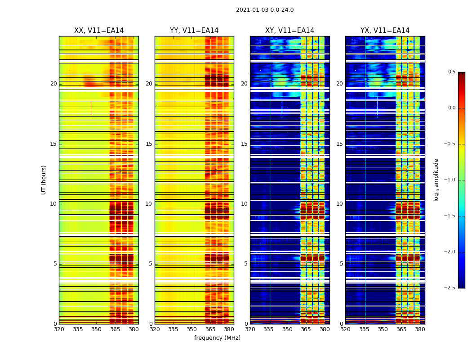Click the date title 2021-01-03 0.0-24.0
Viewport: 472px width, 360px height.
[x=265, y=10]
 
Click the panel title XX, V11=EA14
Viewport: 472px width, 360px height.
[x=99, y=31]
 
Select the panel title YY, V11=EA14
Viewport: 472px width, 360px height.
[x=194, y=31]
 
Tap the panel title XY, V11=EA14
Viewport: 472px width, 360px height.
[x=289, y=31]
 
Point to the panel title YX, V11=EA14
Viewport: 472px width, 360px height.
[x=385, y=31]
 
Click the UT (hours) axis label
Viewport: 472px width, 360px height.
[x=44, y=180]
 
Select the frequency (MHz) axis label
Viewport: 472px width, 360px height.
[x=217, y=338]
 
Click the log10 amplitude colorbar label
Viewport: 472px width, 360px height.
[x=436, y=180]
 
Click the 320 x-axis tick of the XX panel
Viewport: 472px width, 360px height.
[x=59, y=329]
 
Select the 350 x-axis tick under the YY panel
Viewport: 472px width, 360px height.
[x=192, y=329]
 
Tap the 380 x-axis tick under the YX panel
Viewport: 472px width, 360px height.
[x=420, y=329]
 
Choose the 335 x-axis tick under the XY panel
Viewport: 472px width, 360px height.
[x=269, y=329]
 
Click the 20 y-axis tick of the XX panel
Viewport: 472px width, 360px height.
[x=53, y=84]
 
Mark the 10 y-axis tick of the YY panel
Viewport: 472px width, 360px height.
[x=149, y=204]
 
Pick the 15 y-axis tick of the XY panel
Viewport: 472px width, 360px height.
[x=244, y=144]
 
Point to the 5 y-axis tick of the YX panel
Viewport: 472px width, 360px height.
[x=341, y=264]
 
